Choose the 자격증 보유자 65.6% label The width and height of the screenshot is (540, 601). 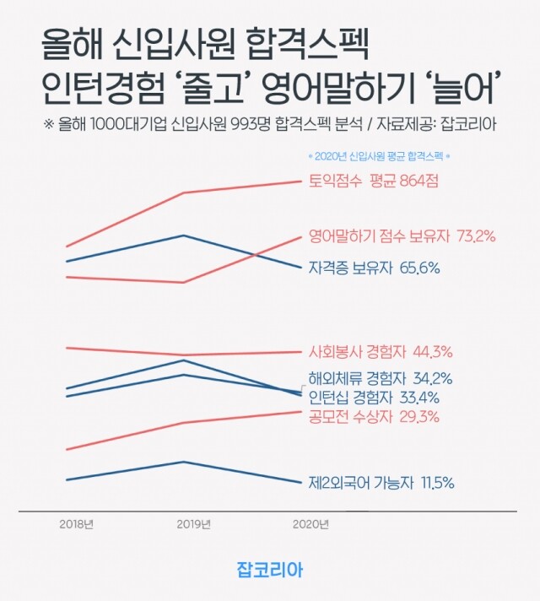375,268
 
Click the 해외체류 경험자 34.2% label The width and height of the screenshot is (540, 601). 381,378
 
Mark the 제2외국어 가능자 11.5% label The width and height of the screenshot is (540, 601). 381,483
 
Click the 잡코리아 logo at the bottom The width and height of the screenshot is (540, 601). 270,570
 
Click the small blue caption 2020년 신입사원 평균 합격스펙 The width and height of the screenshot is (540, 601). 379,156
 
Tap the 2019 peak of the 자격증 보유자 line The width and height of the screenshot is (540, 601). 185,236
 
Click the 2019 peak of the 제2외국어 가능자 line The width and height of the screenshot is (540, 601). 185,462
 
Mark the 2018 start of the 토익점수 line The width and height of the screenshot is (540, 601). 67,246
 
